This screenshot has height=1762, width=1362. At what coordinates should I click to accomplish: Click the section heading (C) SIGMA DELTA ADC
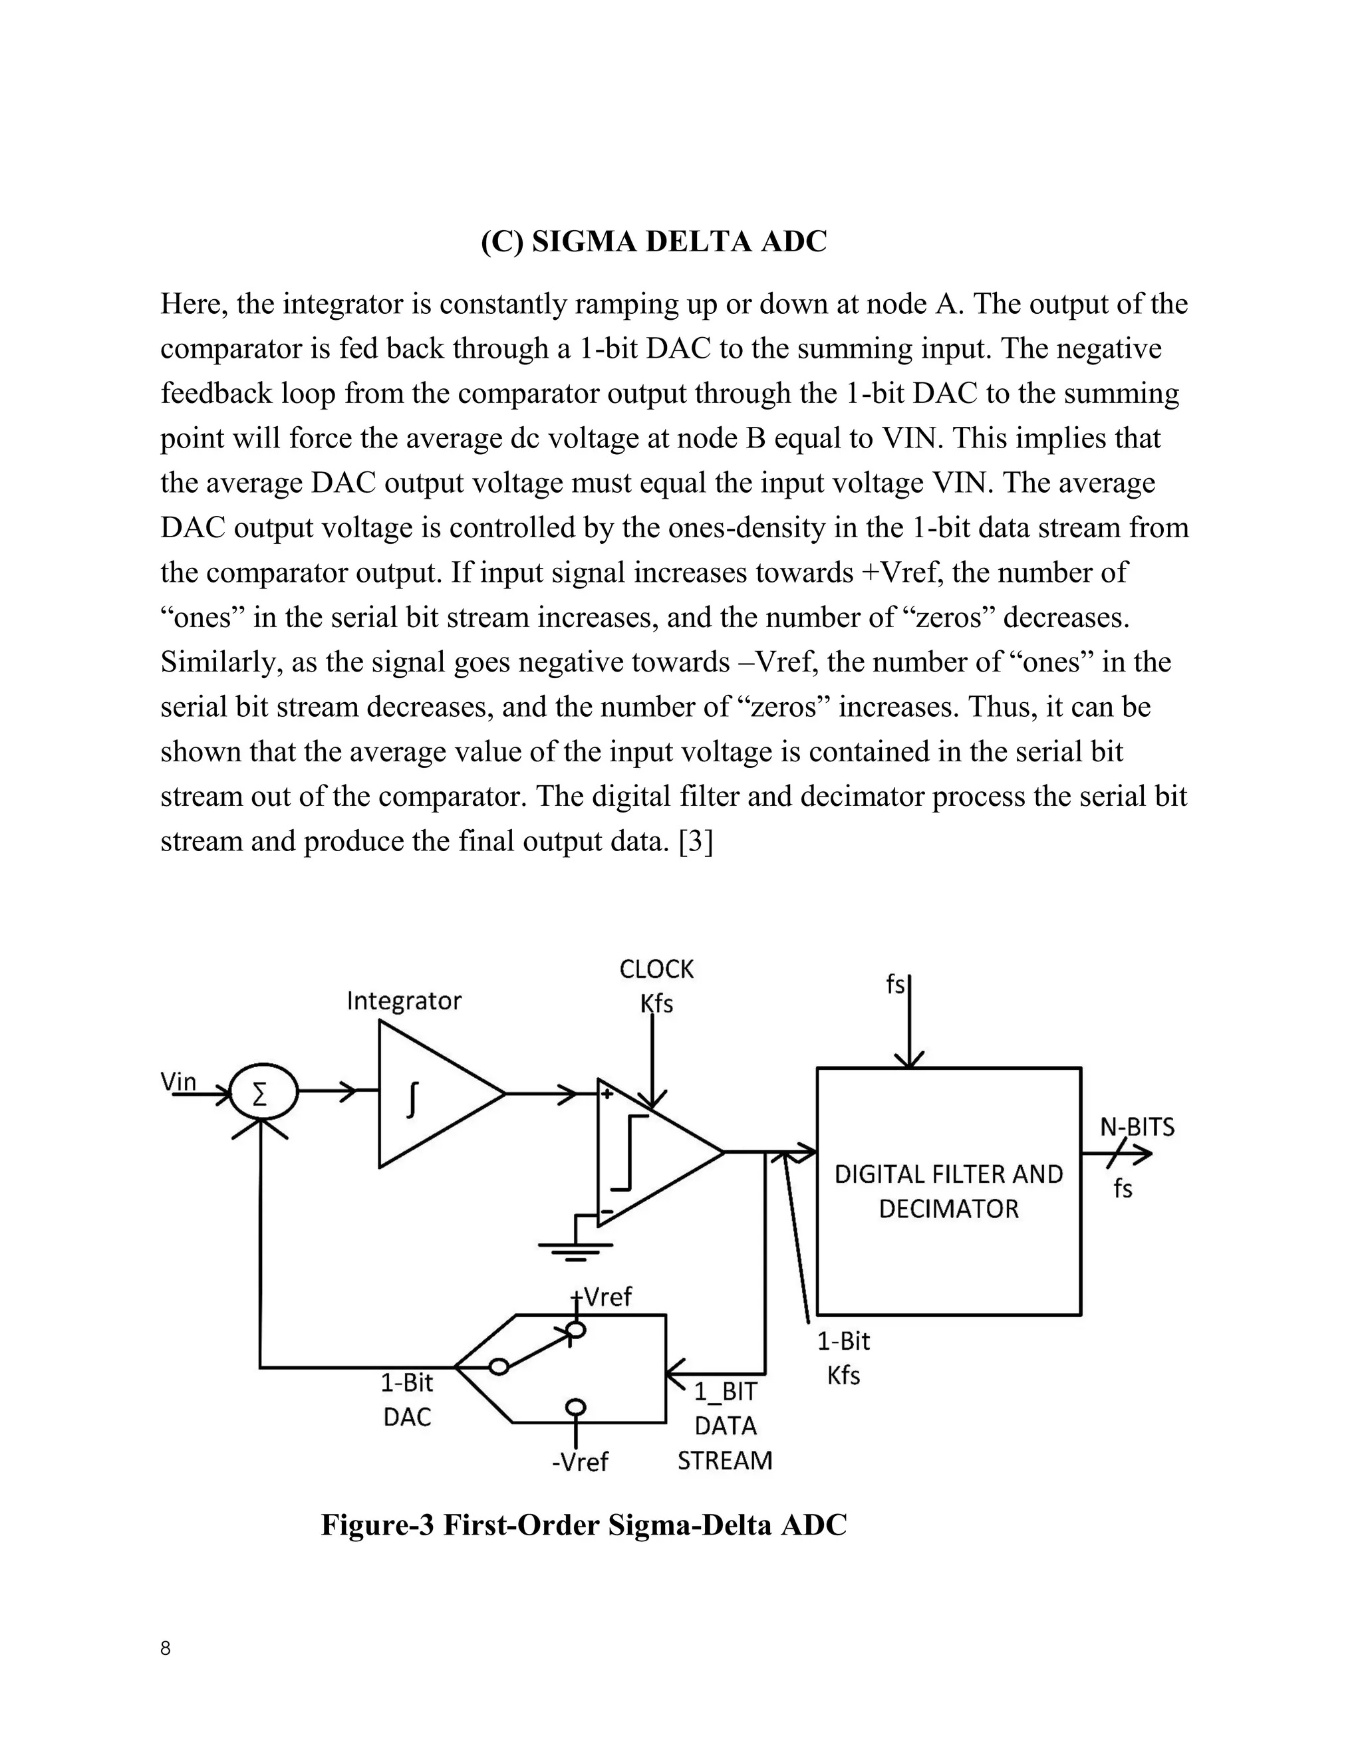654,241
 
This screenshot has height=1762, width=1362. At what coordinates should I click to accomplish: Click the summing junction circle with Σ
261,1094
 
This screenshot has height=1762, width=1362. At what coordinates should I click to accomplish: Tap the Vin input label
178,1081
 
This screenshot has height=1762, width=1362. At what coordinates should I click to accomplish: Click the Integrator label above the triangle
404,1001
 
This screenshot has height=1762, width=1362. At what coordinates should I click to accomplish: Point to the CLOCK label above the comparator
656,969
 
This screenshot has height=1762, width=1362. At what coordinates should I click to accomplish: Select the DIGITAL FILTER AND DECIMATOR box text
948,1191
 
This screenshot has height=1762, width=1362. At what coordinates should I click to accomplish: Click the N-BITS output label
1137,1127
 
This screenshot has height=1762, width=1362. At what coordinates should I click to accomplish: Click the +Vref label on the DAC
602,1297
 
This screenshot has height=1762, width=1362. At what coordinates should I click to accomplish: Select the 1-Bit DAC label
406,1400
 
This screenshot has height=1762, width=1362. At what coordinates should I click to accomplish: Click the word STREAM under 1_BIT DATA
725,1460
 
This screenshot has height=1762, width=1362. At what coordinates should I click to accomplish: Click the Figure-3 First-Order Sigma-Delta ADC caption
583,1525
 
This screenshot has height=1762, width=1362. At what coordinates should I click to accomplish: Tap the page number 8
166,1648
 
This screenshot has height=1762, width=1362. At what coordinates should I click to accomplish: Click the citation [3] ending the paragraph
696,842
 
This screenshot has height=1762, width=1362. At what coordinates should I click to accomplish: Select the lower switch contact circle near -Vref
575,1407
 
